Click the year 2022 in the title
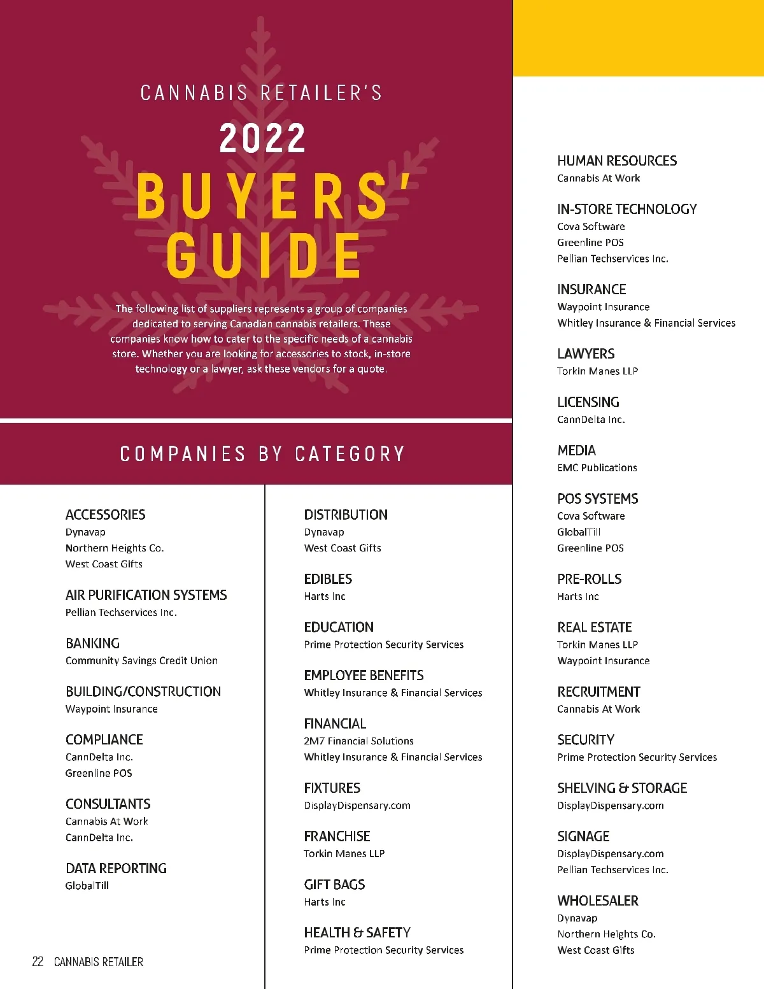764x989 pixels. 262,138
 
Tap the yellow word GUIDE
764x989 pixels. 264,255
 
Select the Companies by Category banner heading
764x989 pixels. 262,454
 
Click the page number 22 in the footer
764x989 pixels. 38,962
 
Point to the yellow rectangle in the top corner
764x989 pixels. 638,38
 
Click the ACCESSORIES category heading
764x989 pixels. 105,515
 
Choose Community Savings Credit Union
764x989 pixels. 141,660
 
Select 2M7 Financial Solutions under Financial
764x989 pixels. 358,741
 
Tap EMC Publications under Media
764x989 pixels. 597,467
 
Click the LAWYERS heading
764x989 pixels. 586,354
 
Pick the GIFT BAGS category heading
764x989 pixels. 334,885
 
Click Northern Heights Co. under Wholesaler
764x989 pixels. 606,934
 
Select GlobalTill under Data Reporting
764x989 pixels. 87,885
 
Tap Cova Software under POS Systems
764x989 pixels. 591,516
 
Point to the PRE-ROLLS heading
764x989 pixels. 589,580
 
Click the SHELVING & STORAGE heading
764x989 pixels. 622,788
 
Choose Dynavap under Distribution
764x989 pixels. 324,532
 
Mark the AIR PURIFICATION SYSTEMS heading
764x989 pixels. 146,595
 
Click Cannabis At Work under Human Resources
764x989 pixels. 598,178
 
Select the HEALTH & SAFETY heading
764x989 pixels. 357,933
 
